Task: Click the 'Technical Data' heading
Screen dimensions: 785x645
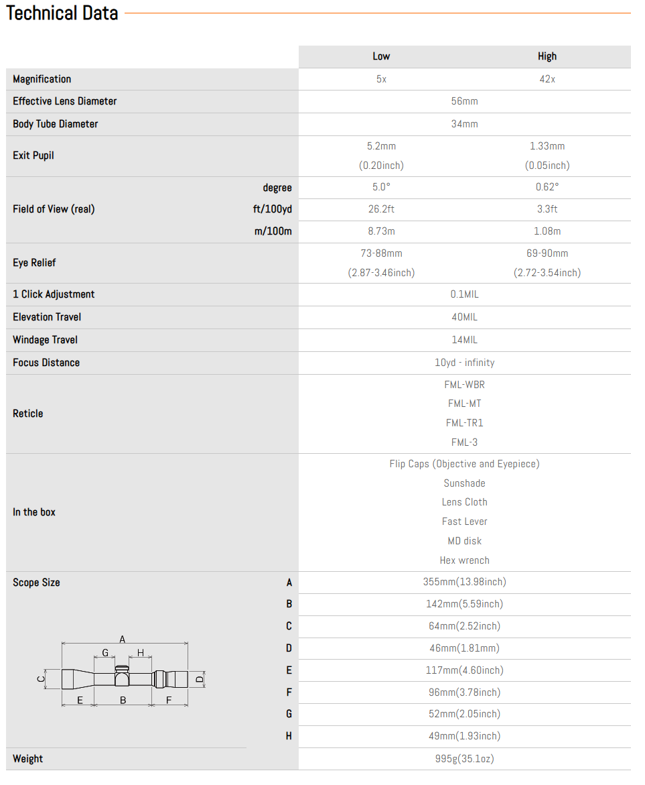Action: point(62,13)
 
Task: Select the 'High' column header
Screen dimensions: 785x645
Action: point(547,56)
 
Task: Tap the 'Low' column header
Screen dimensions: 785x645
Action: point(381,56)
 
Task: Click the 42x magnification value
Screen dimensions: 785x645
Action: point(547,79)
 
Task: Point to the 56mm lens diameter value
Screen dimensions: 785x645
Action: point(464,101)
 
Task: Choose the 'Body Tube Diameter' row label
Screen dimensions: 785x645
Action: point(56,124)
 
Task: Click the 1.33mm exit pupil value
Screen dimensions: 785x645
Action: point(547,146)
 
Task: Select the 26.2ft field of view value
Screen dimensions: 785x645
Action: point(381,209)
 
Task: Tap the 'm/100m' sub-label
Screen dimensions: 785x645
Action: point(273,231)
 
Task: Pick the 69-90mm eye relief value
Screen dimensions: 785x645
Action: point(547,253)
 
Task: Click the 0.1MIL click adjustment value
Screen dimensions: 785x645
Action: point(464,294)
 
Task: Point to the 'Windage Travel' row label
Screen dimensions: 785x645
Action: point(46,340)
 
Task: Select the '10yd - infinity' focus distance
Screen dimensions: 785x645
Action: point(464,363)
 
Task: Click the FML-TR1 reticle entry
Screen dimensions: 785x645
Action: point(464,423)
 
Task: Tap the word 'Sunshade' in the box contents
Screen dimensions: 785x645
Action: point(464,483)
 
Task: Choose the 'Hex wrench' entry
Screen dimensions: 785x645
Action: point(464,560)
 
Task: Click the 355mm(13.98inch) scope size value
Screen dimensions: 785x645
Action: point(464,582)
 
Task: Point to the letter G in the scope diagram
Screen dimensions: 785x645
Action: point(105,653)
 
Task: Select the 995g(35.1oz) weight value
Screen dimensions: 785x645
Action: point(464,759)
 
